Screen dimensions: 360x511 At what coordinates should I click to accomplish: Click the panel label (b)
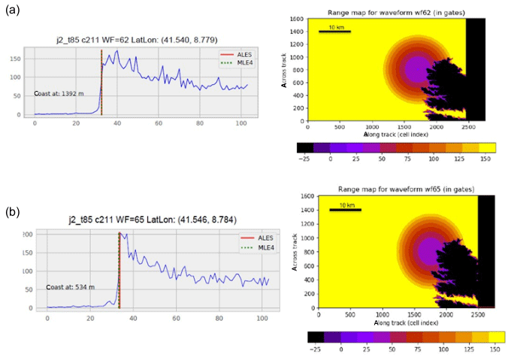(14, 212)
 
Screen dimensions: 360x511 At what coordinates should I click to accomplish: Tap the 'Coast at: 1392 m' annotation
(59, 94)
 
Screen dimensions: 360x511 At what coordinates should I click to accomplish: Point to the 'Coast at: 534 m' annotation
(69, 287)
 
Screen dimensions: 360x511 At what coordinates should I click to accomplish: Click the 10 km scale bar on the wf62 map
(334, 31)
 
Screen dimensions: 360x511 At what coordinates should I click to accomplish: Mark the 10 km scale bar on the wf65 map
(346, 209)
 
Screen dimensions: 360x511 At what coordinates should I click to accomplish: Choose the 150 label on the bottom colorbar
(494, 350)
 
